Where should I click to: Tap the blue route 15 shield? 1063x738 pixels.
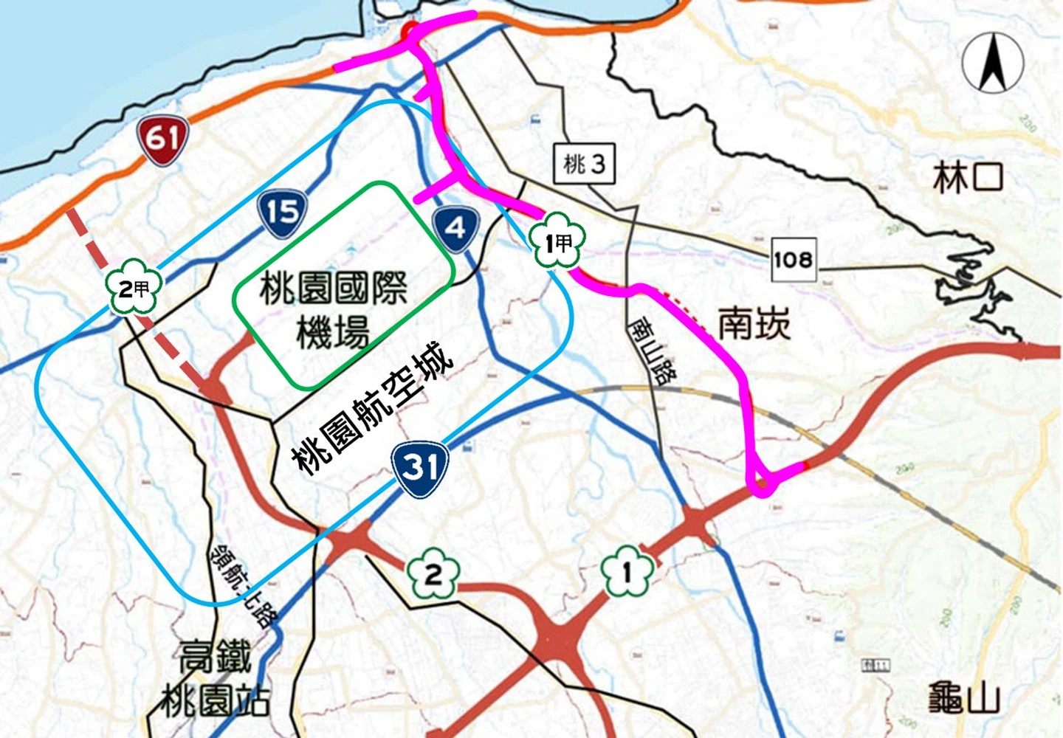click(x=283, y=213)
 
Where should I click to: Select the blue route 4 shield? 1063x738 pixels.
click(x=456, y=228)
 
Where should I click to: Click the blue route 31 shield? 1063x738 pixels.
click(x=420, y=468)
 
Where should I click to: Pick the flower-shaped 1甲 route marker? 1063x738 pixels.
click(x=557, y=241)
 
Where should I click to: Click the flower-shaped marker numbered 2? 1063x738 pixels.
click(x=433, y=573)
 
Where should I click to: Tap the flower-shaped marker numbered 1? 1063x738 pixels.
click(x=627, y=571)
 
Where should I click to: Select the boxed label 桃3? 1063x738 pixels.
click(x=584, y=163)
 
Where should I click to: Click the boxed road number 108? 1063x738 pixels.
click(x=794, y=259)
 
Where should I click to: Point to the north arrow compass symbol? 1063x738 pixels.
click(x=993, y=63)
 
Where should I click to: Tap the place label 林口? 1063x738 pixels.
click(x=968, y=178)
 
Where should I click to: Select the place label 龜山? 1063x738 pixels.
click(x=964, y=698)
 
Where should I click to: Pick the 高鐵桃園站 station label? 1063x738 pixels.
click(x=215, y=679)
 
